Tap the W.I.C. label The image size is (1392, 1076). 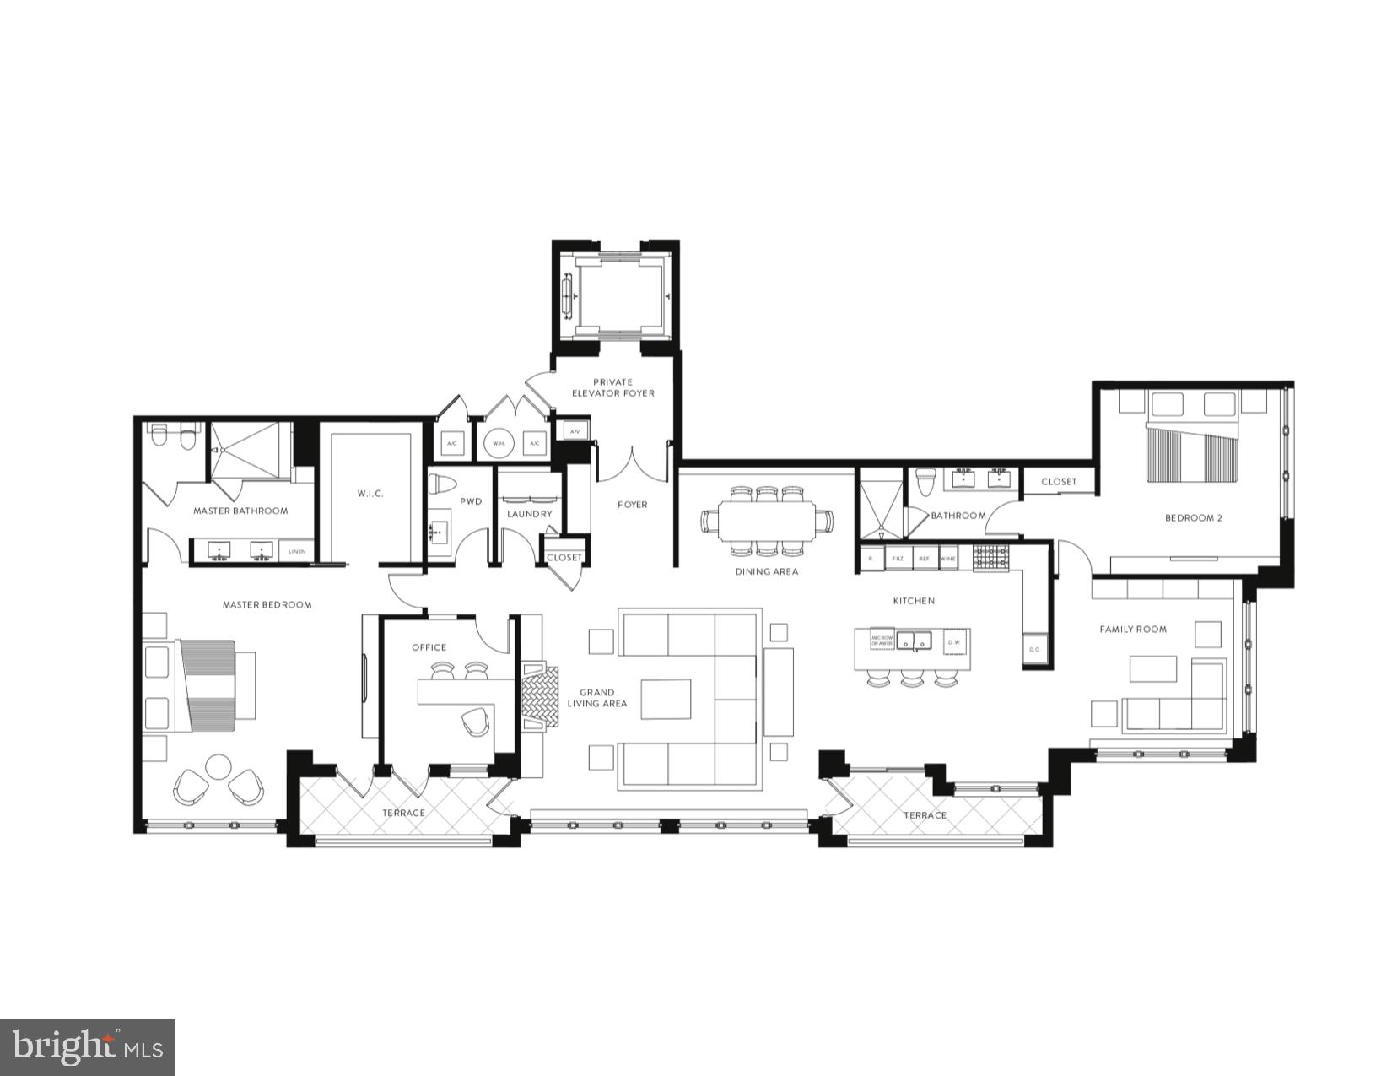point(370,493)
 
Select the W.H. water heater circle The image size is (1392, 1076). point(498,442)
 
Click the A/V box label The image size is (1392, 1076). point(575,431)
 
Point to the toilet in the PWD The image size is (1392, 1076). point(441,484)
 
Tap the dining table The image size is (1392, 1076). point(766,522)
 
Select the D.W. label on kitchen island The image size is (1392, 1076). point(954,642)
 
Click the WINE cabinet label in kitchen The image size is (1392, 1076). point(948,559)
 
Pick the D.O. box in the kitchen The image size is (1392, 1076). point(1035,649)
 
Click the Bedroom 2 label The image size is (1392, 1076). point(1193,517)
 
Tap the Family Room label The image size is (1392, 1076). point(1133,629)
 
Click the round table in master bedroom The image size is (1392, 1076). point(219,766)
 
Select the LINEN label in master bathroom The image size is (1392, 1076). point(297,552)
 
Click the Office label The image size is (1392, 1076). point(429,647)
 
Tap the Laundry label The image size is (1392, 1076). point(529,514)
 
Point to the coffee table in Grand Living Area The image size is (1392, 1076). point(666,698)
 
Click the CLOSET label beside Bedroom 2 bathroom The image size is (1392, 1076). point(1058,481)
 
